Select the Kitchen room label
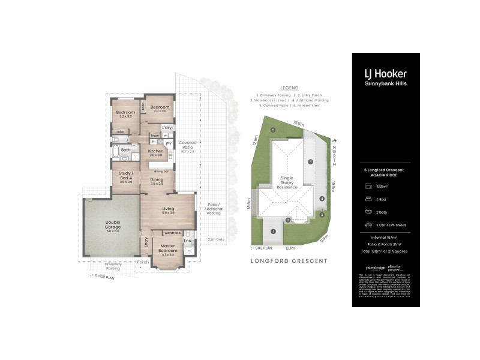click(x=157, y=152)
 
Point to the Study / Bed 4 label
click(x=125, y=178)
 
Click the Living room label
click(x=167, y=209)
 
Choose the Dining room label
click(x=157, y=181)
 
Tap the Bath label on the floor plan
click(x=126, y=150)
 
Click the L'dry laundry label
click(x=167, y=128)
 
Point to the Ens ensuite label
click(x=187, y=241)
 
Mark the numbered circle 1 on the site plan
click(x=272, y=231)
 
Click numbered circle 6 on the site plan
click(x=272, y=130)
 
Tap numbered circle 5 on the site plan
click(x=310, y=161)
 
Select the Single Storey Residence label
click(x=287, y=182)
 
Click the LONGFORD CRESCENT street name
click(x=289, y=261)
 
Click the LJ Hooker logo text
click(x=385, y=73)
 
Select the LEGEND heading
click(x=289, y=88)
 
